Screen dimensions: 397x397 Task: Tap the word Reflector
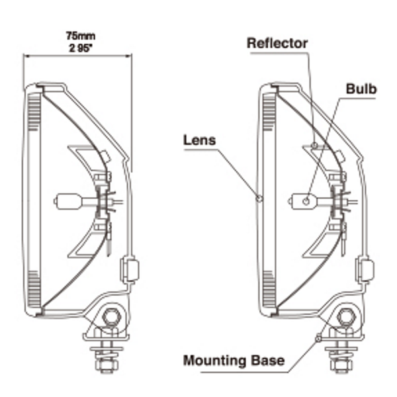point(277,43)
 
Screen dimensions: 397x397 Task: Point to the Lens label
point(200,140)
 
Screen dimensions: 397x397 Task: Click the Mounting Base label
point(234,361)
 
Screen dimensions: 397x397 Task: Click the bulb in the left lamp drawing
point(67,200)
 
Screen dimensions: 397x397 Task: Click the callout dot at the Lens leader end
point(259,197)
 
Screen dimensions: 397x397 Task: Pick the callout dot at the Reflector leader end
point(314,145)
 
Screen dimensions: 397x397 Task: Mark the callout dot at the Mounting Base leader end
point(318,338)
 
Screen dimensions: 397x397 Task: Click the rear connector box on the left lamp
point(130,270)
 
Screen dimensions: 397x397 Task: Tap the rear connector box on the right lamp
point(365,270)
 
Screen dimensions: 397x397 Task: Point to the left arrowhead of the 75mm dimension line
point(25,56)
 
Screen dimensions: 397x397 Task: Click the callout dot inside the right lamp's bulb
point(306,200)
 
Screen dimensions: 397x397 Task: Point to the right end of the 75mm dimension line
point(131,56)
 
